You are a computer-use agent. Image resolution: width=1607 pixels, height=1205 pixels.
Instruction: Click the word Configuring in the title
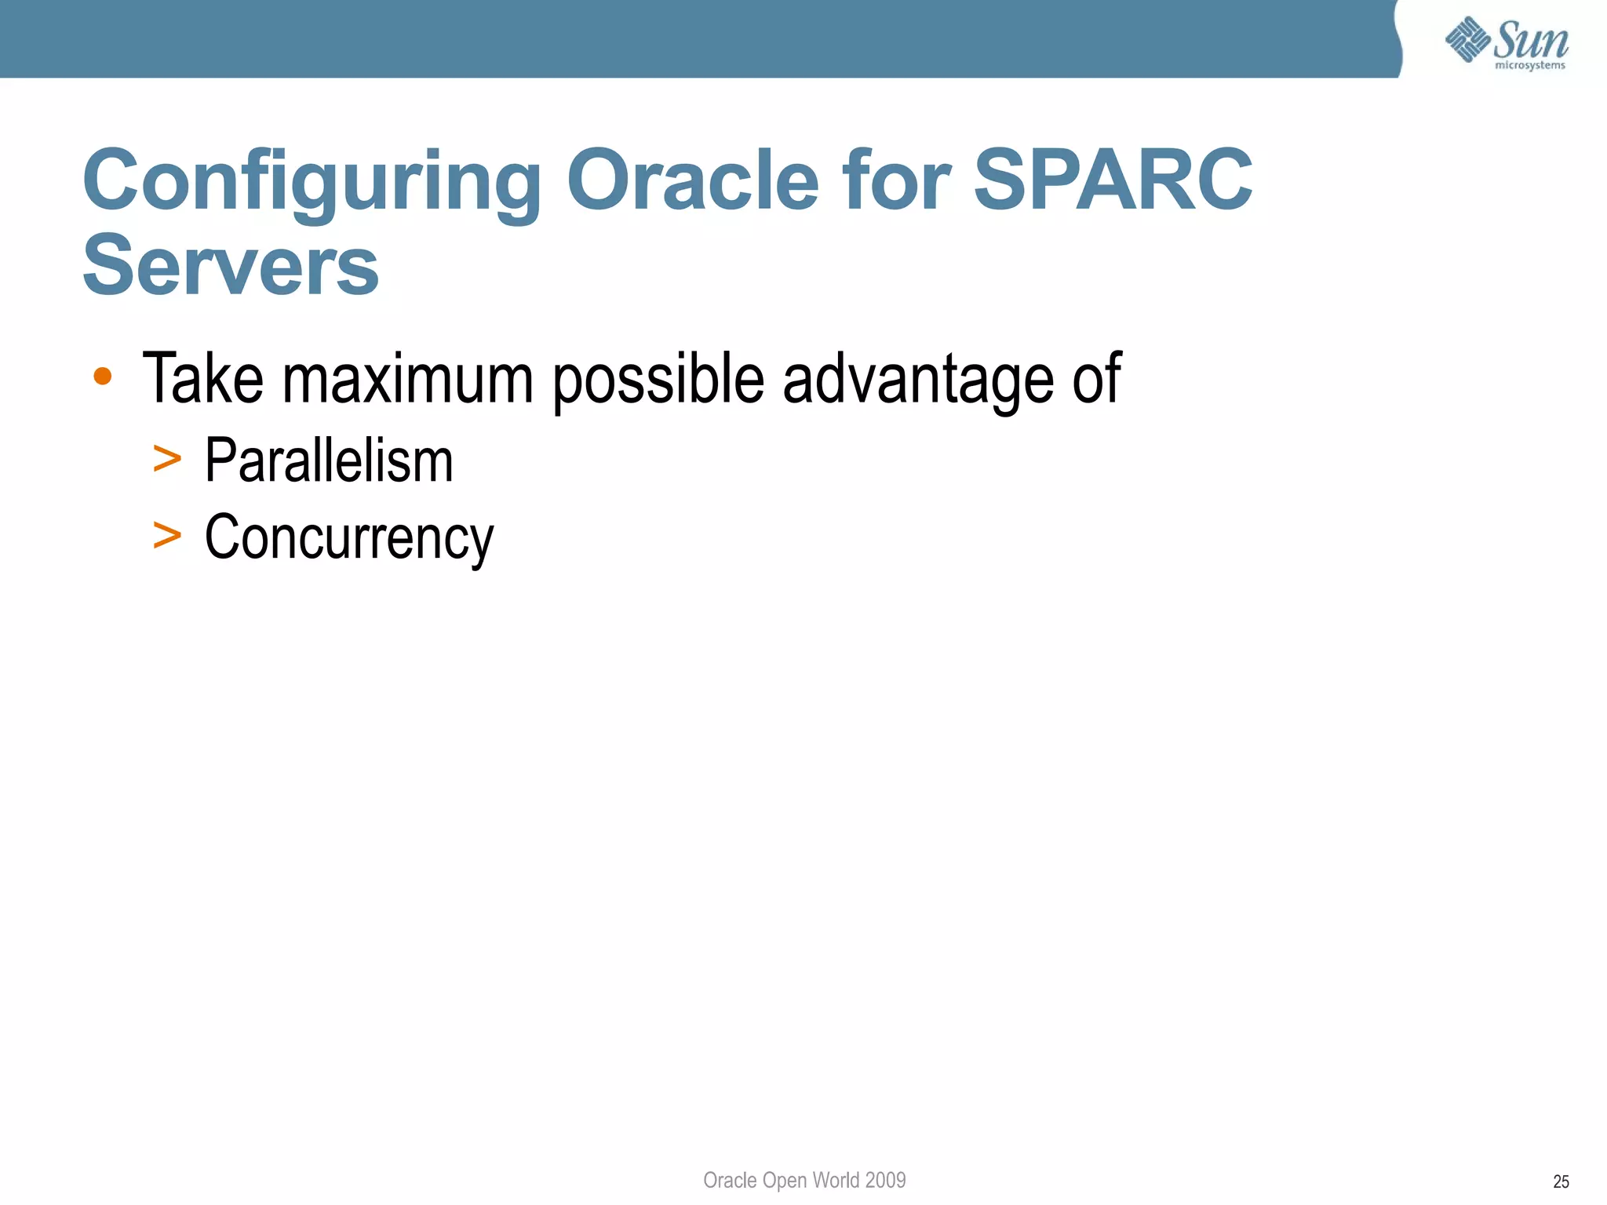tap(312, 182)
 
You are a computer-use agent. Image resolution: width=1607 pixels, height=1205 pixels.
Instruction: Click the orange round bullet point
tap(102, 377)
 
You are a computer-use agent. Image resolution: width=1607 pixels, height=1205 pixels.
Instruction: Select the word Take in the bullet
tap(202, 380)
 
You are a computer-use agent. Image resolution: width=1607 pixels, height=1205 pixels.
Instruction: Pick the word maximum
tap(408, 380)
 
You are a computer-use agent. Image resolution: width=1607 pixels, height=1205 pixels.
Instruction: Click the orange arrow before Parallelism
tap(167, 459)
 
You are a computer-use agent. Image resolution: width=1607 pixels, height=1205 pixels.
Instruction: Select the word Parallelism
tap(329, 461)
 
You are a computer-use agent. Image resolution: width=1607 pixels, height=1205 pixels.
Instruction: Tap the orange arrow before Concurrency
tap(167, 536)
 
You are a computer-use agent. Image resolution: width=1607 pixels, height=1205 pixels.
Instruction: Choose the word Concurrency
tap(349, 539)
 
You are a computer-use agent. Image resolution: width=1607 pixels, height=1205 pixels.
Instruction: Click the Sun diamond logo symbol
tap(1467, 38)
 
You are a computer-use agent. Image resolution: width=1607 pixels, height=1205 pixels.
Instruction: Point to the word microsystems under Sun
tap(1529, 65)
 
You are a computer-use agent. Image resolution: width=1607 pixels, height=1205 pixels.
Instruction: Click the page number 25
tap(1561, 1181)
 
